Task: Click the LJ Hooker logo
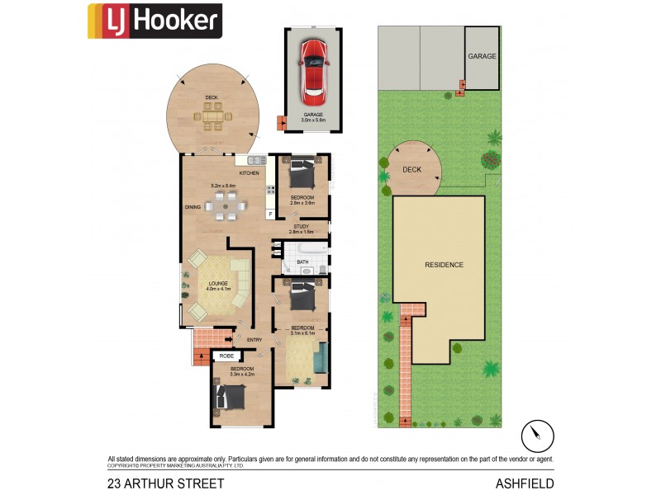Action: [155, 21]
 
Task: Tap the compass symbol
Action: [537, 435]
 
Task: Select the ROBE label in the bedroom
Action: [226, 356]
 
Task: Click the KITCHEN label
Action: [249, 173]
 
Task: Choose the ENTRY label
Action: [254, 340]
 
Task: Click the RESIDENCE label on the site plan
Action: [444, 265]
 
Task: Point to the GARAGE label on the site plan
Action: [482, 57]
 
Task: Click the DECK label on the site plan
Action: [411, 169]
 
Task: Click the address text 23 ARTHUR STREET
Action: [165, 483]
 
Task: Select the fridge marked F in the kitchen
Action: [269, 214]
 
